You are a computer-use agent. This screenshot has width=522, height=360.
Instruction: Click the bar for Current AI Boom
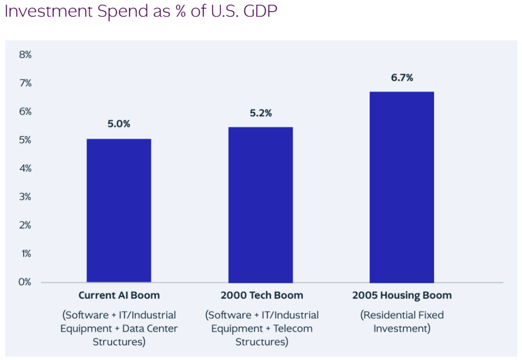click(119, 210)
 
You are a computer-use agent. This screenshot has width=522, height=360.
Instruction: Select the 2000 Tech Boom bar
click(261, 204)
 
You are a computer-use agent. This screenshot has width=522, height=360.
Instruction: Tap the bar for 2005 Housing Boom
click(402, 187)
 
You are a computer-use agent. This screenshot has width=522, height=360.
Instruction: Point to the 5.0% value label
click(119, 124)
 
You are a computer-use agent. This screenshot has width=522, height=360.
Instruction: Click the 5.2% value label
click(261, 113)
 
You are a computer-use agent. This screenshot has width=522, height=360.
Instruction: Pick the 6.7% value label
click(402, 78)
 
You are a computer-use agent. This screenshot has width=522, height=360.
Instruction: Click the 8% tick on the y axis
click(25, 55)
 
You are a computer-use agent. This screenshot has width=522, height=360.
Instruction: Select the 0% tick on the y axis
click(25, 282)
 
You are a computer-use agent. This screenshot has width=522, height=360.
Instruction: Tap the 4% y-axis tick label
click(25, 169)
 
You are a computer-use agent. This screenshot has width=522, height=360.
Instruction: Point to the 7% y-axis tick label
click(25, 83)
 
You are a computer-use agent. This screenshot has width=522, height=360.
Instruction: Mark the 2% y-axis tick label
click(25, 225)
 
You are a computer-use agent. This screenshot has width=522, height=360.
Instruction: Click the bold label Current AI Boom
click(119, 295)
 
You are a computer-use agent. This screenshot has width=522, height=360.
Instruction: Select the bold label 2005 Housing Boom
click(402, 295)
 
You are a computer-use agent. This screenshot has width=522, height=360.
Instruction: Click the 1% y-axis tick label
click(25, 254)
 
